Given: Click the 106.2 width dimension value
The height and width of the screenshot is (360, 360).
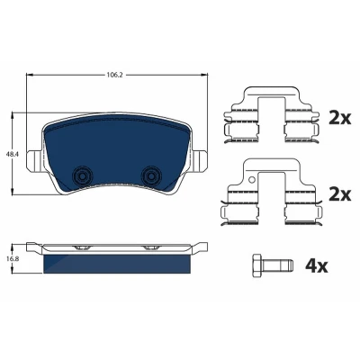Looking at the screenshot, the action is [x=115, y=75].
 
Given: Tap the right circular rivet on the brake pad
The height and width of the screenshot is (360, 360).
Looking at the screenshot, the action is [x=151, y=176].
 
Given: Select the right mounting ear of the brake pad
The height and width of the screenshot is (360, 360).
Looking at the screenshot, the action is [x=201, y=159].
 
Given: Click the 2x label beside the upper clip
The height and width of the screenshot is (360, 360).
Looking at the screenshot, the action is [x=339, y=119].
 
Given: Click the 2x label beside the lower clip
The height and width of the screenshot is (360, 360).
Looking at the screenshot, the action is [x=339, y=195].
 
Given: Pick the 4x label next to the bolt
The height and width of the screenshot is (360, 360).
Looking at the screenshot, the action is [x=317, y=266].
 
